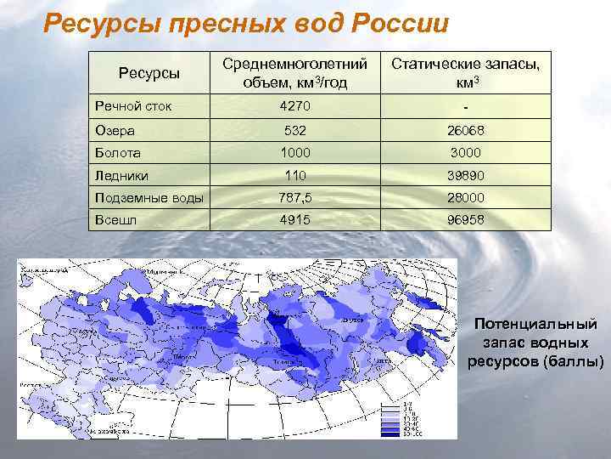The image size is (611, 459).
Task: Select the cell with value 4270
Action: pyautogui.click(x=295, y=107)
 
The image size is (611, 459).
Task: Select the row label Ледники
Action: pyautogui.click(x=121, y=176)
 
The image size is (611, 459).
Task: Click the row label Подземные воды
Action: pyautogui.click(x=149, y=198)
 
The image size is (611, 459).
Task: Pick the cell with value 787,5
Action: pyautogui.click(x=295, y=198)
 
